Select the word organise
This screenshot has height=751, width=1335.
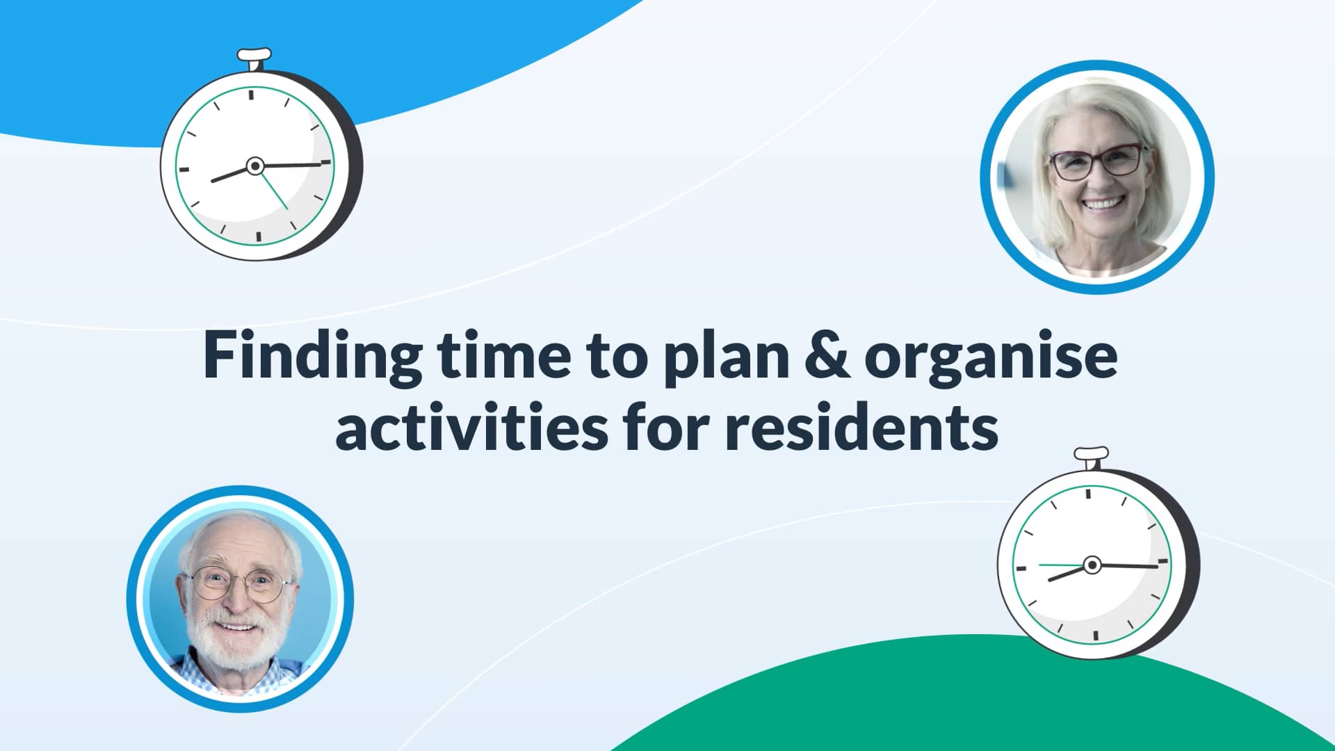tap(991, 356)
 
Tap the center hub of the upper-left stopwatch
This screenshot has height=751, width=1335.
tap(255, 165)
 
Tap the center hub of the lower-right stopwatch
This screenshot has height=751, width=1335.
tap(1092, 565)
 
